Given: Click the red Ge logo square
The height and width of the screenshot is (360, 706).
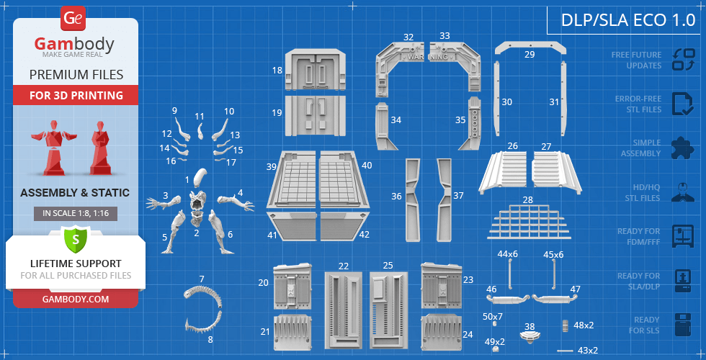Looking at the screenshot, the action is (73, 19).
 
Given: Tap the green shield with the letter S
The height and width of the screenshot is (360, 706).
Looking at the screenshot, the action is (75, 239).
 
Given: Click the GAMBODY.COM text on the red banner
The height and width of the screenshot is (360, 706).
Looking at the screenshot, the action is (76, 299).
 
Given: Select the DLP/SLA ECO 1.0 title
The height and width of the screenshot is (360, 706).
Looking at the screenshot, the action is (628, 20).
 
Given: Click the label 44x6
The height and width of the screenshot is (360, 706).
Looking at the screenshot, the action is (508, 254).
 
